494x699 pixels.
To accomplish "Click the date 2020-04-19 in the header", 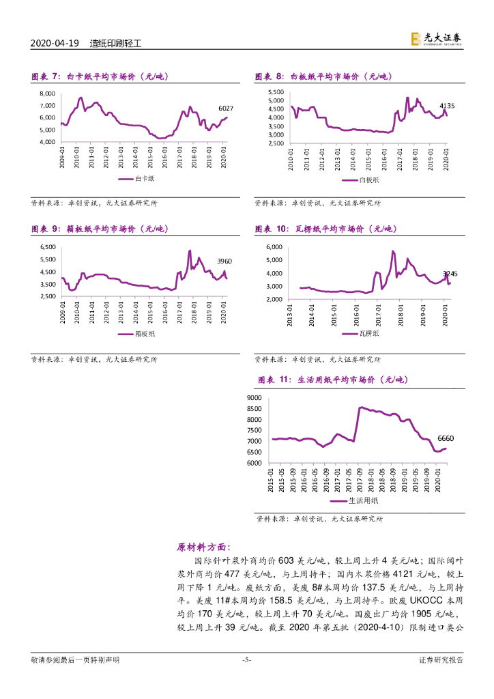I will tap(55, 42).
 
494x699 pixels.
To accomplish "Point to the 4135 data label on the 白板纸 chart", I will tap(447, 106).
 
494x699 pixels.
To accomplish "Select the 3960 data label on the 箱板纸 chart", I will tap(224, 261).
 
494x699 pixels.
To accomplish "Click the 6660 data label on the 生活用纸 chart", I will tap(446, 438).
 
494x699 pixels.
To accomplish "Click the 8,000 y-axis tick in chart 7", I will tap(47, 94).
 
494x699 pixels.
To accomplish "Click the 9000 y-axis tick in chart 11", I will tap(254, 397).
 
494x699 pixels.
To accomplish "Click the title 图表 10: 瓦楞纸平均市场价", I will tap(325, 229).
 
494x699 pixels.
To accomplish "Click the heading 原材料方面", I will tap(203, 547).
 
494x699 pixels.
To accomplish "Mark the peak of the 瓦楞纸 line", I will tap(393, 251).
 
